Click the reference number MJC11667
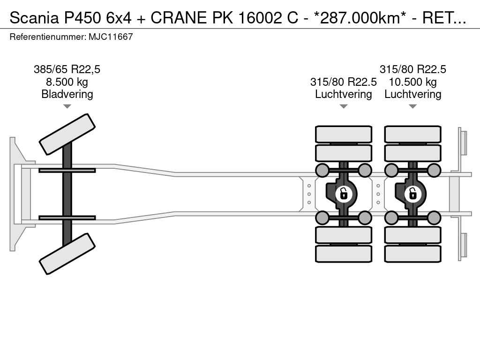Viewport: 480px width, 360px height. tap(111, 37)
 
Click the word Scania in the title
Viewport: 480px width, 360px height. tap(34, 18)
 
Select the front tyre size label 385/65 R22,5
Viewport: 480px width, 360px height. tap(67, 69)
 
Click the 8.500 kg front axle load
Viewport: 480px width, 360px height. tap(67, 82)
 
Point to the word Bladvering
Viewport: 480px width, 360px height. tap(67, 94)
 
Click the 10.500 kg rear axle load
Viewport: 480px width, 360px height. tap(412, 82)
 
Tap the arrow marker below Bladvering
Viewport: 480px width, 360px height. tap(67, 106)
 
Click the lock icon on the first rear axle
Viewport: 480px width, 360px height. tap(344, 194)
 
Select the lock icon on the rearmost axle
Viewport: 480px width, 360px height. tap(412, 194)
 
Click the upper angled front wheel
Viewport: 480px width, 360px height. tap(67, 134)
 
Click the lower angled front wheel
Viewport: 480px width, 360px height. tap(67, 254)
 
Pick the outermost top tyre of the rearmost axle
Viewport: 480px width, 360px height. tap(412, 135)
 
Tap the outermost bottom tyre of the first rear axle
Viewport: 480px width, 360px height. tap(344, 254)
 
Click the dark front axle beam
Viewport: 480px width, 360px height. tap(67, 194)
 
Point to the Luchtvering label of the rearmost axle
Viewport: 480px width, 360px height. tap(412, 94)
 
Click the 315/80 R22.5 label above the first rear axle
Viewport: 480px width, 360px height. tap(344, 82)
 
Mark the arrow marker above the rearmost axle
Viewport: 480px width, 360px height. tap(412, 106)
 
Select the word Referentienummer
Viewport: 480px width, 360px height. tap(48, 37)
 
